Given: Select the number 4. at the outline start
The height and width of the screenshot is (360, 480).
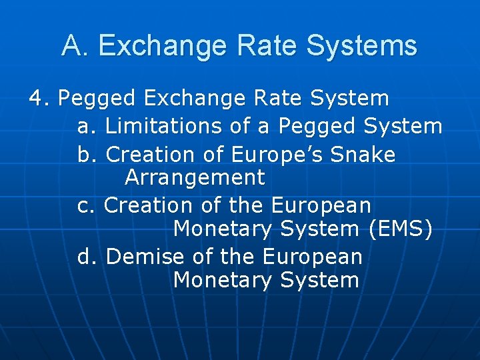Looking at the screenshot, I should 40,99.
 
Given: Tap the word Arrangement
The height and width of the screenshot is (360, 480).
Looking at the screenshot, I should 195,177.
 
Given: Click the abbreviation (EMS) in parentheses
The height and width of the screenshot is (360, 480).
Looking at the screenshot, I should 400,229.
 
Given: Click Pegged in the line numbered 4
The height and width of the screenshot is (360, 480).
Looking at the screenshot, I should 97,99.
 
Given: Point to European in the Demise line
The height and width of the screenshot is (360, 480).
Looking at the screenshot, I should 313,256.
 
